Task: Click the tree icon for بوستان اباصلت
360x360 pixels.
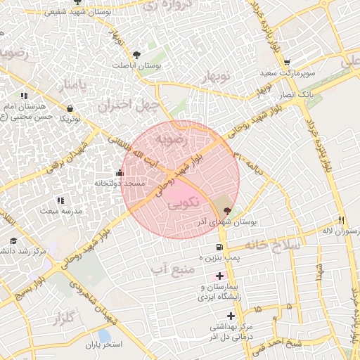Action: coord(137,54)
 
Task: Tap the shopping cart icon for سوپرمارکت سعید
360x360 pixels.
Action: coord(287,63)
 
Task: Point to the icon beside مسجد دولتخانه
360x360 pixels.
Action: coord(118,173)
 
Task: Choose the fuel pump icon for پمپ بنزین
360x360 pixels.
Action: coord(219,247)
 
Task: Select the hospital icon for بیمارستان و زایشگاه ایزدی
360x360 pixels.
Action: coord(220,276)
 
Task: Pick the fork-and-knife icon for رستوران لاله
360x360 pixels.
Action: coord(341,220)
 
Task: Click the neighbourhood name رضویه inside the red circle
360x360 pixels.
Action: coord(172,138)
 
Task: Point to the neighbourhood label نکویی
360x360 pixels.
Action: coord(184,203)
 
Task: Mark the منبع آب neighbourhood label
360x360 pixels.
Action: coord(171,269)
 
